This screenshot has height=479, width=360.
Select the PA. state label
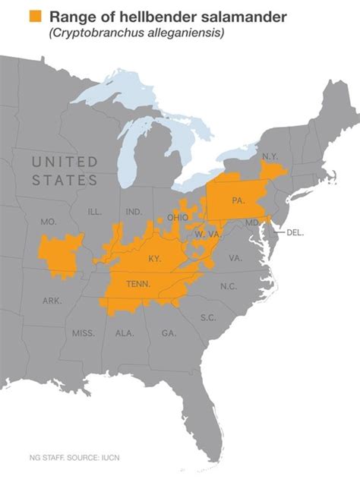(238, 201)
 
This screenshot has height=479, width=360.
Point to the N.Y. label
(270, 156)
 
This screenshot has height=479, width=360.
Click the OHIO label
(178, 218)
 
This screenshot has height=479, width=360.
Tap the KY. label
(154, 258)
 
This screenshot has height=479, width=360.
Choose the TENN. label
(138, 285)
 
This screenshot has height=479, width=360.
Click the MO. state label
(49, 222)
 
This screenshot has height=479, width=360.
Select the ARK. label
(52, 301)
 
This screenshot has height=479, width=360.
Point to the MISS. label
(84, 333)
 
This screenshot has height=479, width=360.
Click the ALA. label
(125, 333)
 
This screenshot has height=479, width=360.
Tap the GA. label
(169, 333)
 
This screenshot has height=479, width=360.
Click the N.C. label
(229, 286)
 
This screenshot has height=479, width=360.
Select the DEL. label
(295, 232)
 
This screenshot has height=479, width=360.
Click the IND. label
(134, 212)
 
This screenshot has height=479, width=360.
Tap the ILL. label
(95, 211)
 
